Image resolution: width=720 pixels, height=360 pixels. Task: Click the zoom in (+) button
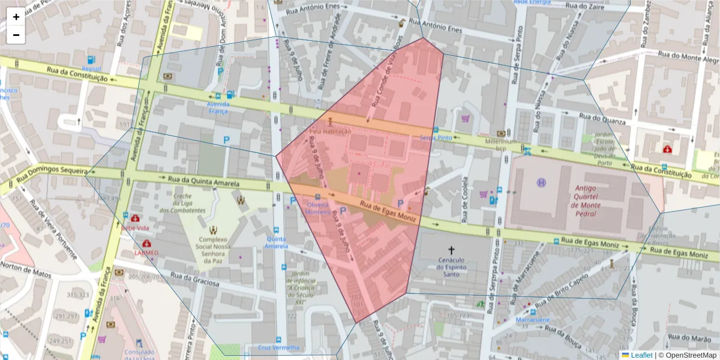click(x=16, y=17)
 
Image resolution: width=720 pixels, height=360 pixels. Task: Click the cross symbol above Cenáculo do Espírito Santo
click(x=452, y=249)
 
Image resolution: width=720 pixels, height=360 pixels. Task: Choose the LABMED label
click(x=146, y=253)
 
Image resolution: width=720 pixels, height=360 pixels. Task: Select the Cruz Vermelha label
click(x=278, y=347)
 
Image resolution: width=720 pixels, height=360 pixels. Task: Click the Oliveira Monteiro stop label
click(x=317, y=208)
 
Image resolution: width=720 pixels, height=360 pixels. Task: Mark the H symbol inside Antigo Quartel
click(x=542, y=182)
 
